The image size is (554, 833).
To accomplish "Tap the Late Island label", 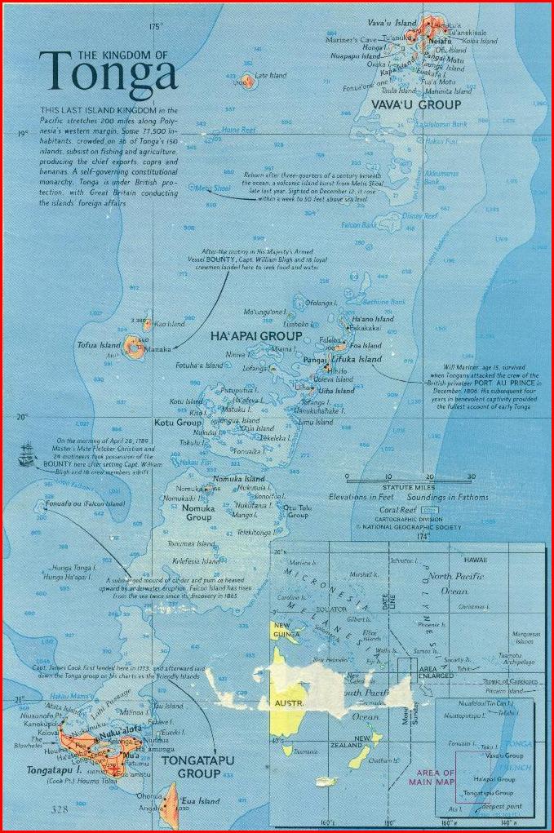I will (272, 75).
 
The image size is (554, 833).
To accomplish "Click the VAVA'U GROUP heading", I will (416, 104).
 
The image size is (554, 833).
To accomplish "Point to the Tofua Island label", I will (100, 345).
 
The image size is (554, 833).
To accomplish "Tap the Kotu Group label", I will (178, 423).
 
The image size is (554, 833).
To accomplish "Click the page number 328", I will (58, 809).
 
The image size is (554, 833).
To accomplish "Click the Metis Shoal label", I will (211, 188).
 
